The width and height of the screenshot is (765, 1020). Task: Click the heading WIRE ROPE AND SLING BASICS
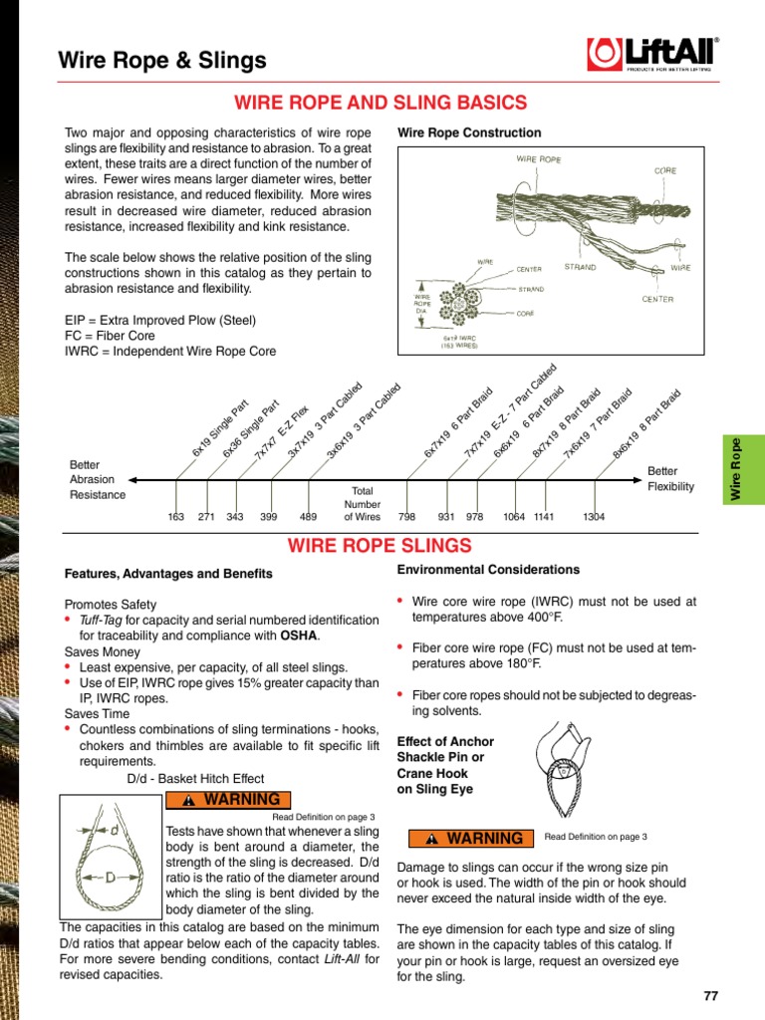380,103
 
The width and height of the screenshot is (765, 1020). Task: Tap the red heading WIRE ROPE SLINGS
380,545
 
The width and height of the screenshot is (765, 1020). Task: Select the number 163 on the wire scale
176,517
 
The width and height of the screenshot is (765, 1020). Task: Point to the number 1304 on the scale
594,517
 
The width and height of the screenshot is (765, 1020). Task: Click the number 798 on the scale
406,517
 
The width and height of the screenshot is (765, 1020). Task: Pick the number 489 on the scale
308,517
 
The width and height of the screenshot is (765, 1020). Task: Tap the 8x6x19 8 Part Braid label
647,424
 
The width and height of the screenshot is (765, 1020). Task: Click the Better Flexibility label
670,479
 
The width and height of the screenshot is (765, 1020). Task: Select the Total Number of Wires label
362,504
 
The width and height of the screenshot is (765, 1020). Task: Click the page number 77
709,996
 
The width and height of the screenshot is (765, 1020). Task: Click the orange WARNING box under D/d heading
228,800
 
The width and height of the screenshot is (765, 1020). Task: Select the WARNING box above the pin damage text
468,838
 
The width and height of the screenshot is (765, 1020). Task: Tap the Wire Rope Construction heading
469,132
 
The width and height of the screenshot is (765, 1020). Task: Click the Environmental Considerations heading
488,570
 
